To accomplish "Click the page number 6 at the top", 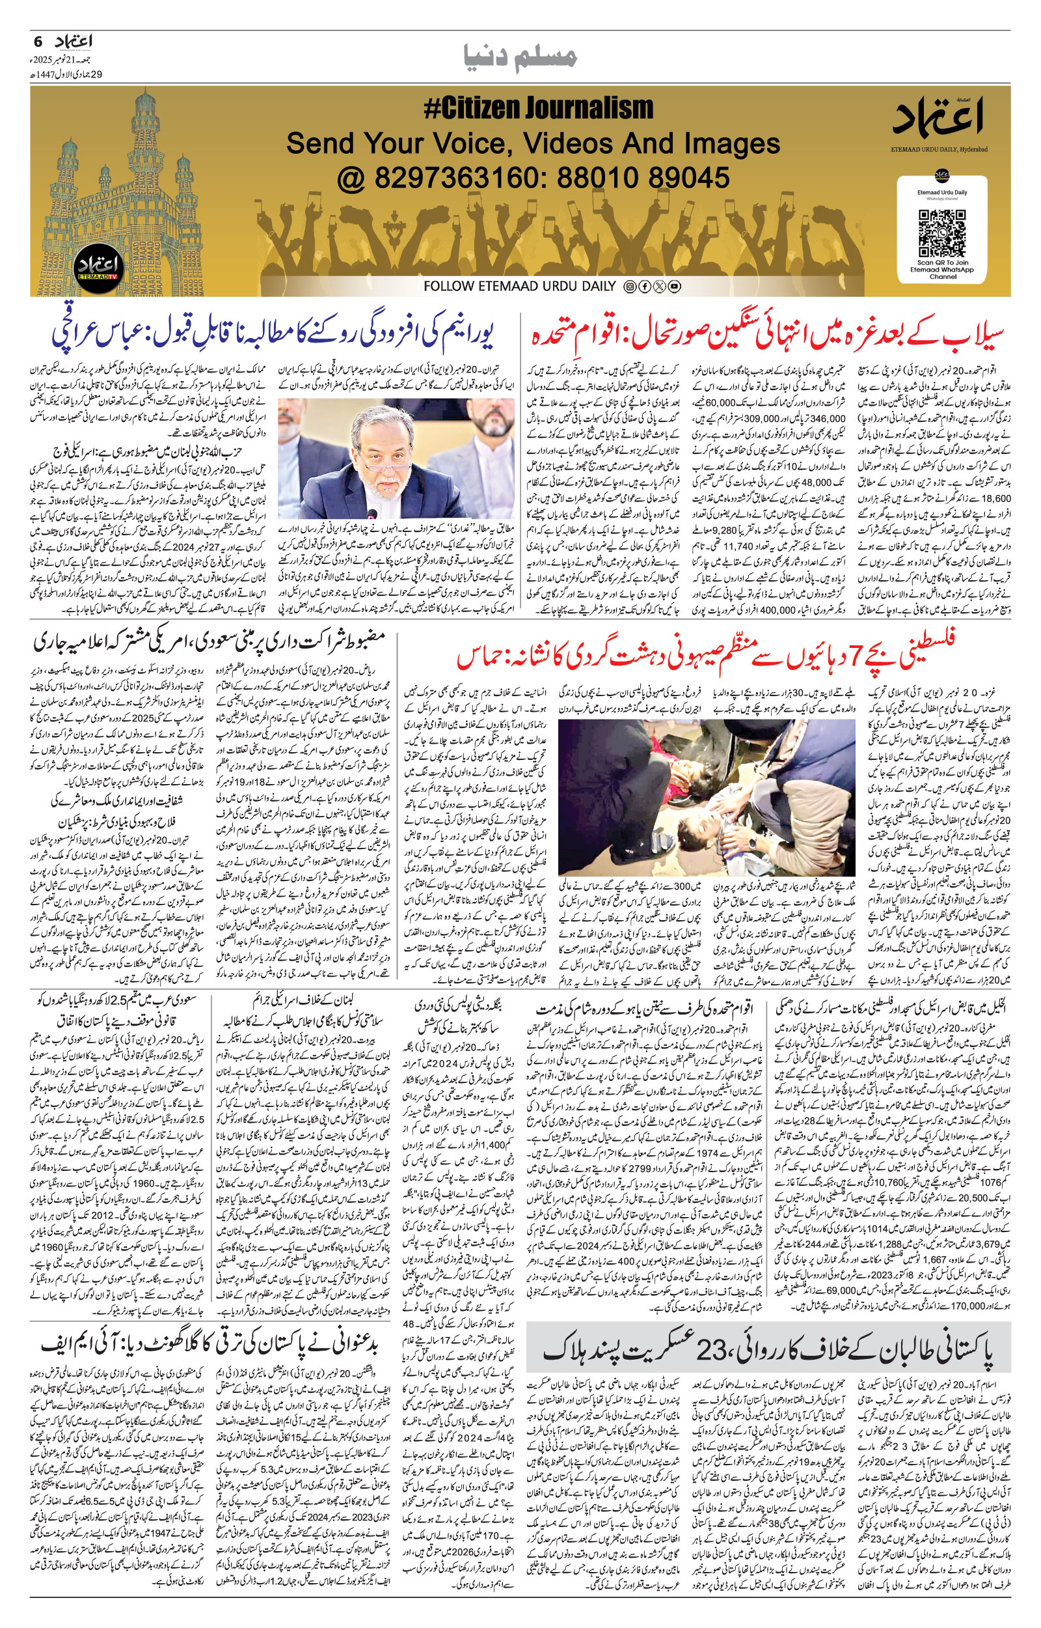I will pyautogui.click(x=37, y=41).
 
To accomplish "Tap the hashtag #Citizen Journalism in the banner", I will pyautogui.click(x=538, y=108).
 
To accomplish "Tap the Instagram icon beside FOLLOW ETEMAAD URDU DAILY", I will pyautogui.click(x=629, y=287).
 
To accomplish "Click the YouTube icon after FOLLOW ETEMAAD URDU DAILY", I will pyautogui.click(x=674, y=287).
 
